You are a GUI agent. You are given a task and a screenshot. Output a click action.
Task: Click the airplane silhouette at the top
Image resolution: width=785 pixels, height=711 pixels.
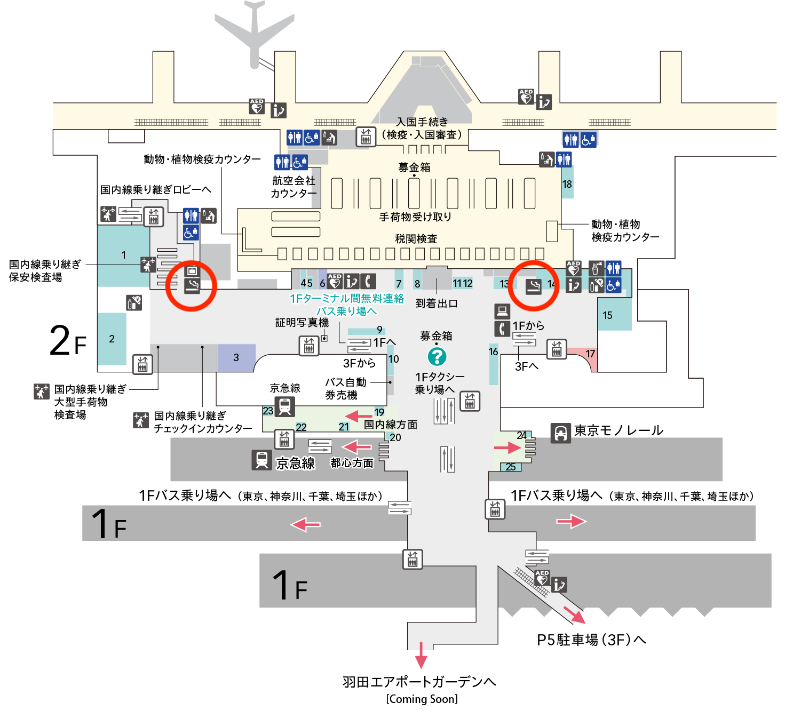[x=255, y=32]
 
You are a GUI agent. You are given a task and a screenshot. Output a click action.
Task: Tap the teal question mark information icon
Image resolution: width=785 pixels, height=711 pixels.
[x=437, y=356]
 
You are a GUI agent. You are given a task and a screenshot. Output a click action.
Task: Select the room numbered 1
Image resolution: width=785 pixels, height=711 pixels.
[x=123, y=255]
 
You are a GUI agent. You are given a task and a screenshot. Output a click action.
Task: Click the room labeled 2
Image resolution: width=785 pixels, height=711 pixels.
[x=112, y=339]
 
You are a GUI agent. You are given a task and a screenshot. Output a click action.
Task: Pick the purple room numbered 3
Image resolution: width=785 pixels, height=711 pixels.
[x=236, y=357]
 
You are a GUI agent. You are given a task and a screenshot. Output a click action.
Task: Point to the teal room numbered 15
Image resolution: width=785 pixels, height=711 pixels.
[x=614, y=315]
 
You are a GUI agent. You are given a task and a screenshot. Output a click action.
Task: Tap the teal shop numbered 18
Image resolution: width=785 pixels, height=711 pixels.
[x=567, y=183]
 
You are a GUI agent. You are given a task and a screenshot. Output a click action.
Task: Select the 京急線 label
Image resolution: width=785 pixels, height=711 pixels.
[x=295, y=463]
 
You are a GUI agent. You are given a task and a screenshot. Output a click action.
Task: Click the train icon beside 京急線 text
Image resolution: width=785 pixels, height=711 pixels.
[x=261, y=460]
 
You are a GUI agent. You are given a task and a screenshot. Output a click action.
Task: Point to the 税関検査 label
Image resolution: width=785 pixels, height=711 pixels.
[x=416, y=238]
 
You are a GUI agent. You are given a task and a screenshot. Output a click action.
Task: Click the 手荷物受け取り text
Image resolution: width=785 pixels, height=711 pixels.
[x=415, y=217]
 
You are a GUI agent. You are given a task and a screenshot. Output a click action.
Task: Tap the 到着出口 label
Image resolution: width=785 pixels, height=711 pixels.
[x=437, y=303]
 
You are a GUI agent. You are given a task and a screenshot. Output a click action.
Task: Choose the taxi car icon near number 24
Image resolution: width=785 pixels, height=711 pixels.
[x=561, y=433]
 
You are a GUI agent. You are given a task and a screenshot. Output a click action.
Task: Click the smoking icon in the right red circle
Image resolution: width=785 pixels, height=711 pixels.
[x=534, y=287]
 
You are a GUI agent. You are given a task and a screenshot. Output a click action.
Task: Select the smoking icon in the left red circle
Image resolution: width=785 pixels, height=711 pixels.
[x=192, y=286]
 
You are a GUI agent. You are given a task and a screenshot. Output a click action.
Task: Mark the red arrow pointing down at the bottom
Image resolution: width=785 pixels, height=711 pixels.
[x=421, y=656]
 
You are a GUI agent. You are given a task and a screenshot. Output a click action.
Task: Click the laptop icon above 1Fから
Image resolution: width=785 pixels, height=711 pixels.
[x=502, y=310]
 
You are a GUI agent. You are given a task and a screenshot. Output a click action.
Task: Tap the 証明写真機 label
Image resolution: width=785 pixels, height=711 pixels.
[x=302, y=322]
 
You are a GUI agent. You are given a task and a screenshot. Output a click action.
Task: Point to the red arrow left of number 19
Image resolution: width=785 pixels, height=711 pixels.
[x=358, y=416]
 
